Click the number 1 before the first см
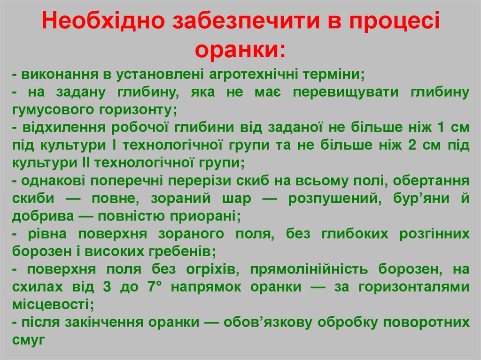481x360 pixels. (x=441, y=128)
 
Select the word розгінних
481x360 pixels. (x=434, y=234)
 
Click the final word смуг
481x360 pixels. (x=30, y=340)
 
